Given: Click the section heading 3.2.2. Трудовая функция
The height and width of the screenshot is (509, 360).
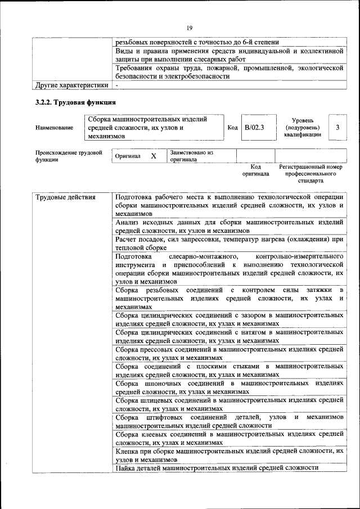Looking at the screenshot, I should (76, 102).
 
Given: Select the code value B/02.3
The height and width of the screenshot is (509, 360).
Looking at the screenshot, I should (254, 128).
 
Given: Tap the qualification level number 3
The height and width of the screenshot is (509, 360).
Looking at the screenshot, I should (337, 128).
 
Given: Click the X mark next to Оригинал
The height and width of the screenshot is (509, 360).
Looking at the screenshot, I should (153, 156).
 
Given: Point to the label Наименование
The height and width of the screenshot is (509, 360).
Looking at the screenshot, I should (54, 128).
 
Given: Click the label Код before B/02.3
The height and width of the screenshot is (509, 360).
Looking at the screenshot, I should (232, 128).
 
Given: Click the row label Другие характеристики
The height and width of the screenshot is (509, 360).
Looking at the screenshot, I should (71, 85).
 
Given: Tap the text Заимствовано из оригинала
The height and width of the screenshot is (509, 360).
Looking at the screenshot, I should (191, 156).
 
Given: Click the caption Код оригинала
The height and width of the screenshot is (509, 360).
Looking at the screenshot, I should (255, 170).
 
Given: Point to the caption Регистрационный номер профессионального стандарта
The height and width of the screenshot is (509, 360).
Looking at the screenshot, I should (310, 174).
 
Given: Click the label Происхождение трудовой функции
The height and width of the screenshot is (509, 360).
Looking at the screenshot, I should (69, 156).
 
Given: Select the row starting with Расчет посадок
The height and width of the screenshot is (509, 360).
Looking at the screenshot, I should (229, 243).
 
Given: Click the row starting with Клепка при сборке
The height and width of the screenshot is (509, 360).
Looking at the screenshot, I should (229, 455).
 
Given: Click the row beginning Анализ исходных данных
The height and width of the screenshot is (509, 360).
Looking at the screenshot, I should (229, 226).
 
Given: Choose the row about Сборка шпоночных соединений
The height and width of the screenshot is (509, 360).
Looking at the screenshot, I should (229, 387).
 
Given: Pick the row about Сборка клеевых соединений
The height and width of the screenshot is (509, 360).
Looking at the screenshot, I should (229, 438).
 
